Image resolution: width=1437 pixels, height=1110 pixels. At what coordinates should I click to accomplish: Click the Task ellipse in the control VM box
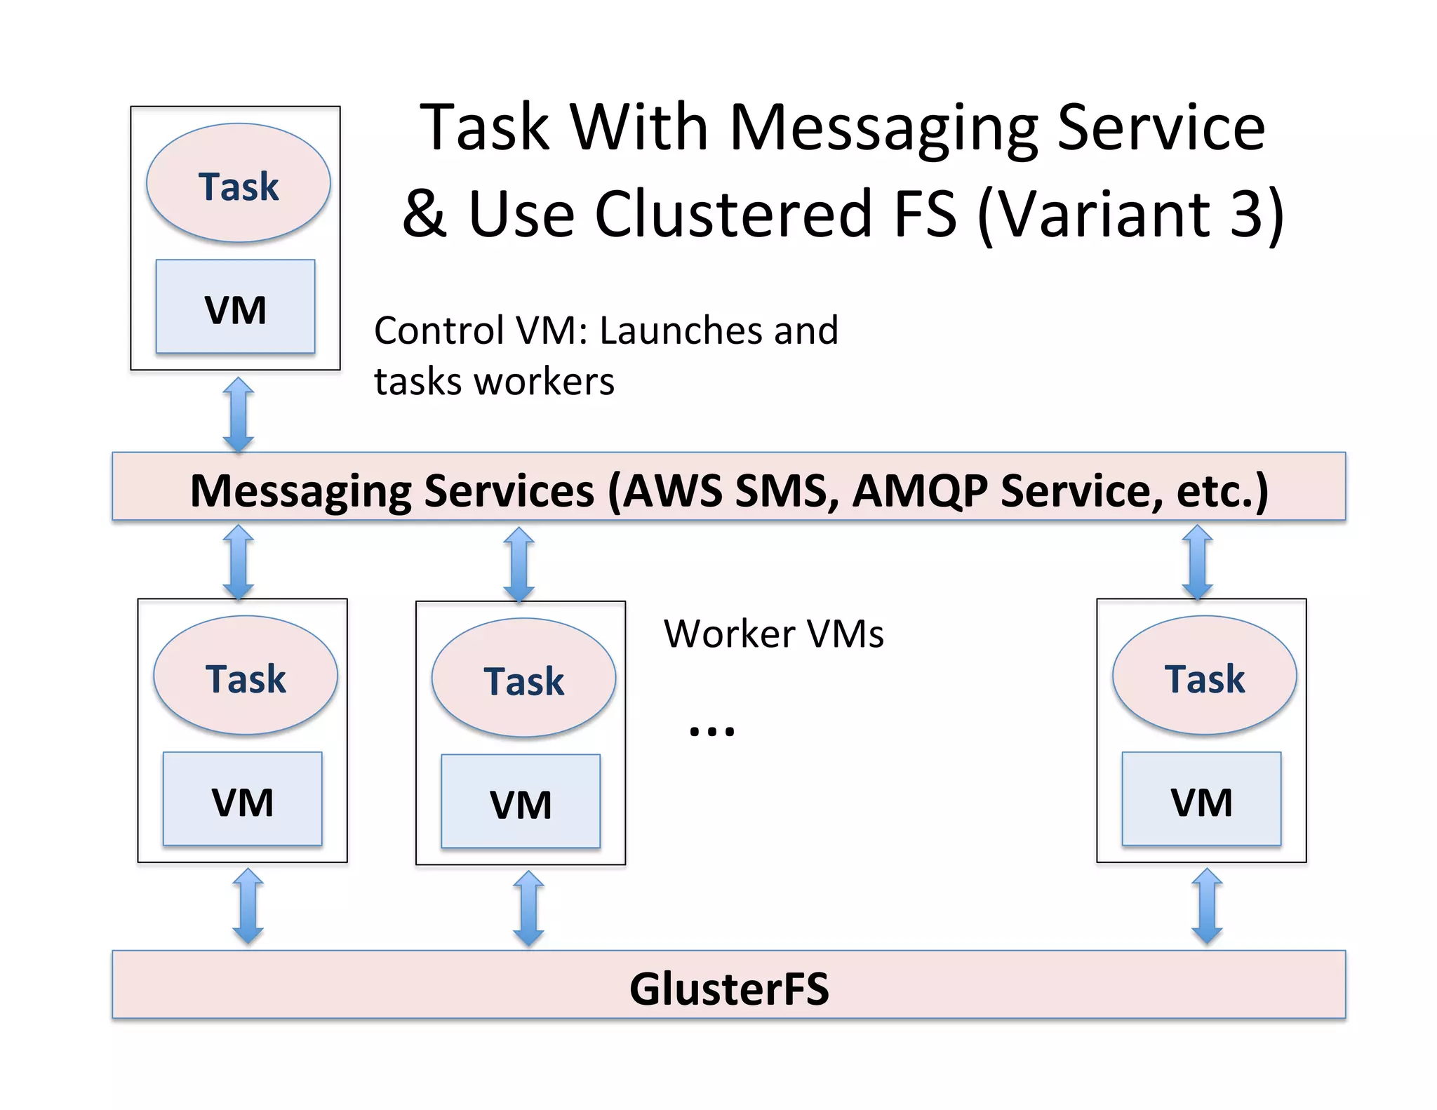pyautogui.click(x=238, y=183)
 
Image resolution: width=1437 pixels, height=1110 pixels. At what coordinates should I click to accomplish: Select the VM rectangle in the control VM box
pyautogui.click(x=235, y=307)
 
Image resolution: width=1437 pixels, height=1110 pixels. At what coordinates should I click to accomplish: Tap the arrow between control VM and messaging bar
pyautogui.click(x=238, y=414)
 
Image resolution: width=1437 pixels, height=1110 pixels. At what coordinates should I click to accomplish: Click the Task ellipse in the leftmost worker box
pyautogui.click(x=245, y=675)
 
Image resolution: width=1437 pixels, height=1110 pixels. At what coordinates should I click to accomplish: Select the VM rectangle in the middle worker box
pyautogui.click(x=520, y=801)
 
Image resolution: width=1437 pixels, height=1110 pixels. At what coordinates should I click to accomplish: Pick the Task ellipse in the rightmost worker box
pyautogui.click(x=1204, y=675)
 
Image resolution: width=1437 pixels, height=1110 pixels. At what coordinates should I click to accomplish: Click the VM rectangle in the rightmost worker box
pyautogui.click(x=1201, y=799)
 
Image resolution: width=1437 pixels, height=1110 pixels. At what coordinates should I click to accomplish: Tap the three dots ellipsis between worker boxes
pyautogui.click(x=711, y=730)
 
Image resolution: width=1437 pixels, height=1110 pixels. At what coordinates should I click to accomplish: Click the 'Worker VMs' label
pyautogui.click(x=773, y=634)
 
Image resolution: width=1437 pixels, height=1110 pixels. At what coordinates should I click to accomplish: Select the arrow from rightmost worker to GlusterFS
pyautogui.click(x=1207, y=906)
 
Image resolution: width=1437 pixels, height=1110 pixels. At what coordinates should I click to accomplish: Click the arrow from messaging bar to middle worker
pyautogui.click(x=519, y=564)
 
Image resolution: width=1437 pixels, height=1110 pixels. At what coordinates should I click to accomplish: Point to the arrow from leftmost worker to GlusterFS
pyautogui.click(x=248, y=906)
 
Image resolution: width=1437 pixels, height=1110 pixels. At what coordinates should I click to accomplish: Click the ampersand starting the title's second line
pyautogui.click(x=424, y=213)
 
